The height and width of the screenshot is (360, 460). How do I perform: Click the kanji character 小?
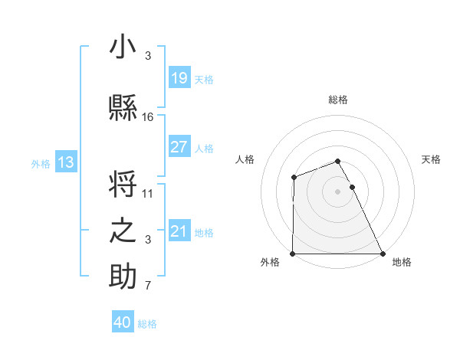[x=123, y=48]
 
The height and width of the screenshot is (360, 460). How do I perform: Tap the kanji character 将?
[x=123, y=185]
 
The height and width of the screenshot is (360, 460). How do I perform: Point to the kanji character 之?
[x=123, y=231]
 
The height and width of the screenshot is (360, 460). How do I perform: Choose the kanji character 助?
[x=123, y=277]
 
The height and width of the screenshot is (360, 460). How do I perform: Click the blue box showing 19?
[x=179, y=78]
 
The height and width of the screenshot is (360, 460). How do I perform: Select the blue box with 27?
[x=179, y=147]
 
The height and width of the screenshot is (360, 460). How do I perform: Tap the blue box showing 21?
[x=179, y=231]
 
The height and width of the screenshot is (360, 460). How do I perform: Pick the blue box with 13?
[x=65, y=162]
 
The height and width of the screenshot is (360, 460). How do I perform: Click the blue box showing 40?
[x=122, y=322]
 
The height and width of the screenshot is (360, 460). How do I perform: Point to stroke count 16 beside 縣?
[x=148, y=117]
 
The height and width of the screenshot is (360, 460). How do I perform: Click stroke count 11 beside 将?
[x=148, y=194]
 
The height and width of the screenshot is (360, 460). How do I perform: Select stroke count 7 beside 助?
[x=148, y=286]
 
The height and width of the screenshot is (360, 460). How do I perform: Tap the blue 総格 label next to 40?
[x=147, y=324]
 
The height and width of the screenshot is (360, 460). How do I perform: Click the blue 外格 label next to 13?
[x=41, y=163]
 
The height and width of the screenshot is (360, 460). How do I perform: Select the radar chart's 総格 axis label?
[x=338, y=100]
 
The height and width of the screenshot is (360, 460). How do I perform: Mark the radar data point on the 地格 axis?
[x=383, y=254]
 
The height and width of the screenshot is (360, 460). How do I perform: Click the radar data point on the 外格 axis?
[x=293, y=254]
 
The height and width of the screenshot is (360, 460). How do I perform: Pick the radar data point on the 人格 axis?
[x=294, y=178]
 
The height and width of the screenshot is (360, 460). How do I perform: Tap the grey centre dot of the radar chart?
[x=338, y=191]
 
